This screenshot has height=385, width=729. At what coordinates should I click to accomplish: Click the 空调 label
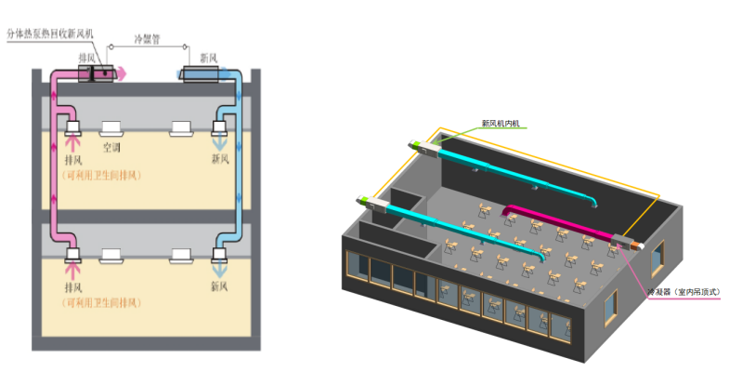111,147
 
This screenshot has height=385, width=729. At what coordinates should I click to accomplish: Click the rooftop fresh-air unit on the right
198,73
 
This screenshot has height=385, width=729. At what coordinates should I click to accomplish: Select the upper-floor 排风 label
73,159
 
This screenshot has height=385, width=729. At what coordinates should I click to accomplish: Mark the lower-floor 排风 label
73,286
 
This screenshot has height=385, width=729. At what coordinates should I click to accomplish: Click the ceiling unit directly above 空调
110,127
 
